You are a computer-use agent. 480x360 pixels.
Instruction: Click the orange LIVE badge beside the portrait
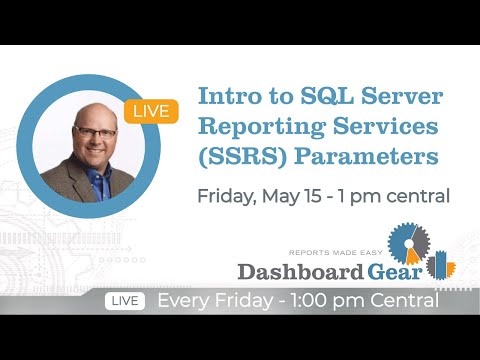point(151,110)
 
